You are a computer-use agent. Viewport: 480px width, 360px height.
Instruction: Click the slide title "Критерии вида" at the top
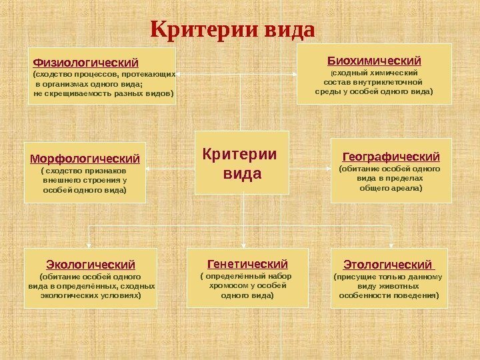point(232,29)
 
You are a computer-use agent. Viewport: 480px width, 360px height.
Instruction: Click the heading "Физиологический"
point(85,63)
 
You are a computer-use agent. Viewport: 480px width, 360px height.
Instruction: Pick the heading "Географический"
point(391,157)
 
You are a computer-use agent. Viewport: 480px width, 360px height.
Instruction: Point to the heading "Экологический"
point(91,264)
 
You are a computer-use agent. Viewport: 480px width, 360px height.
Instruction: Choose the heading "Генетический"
point(247,263)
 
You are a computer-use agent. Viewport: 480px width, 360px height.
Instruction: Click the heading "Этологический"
point(387,264)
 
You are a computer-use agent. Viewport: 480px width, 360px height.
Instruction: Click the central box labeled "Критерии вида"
point(241,164)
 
